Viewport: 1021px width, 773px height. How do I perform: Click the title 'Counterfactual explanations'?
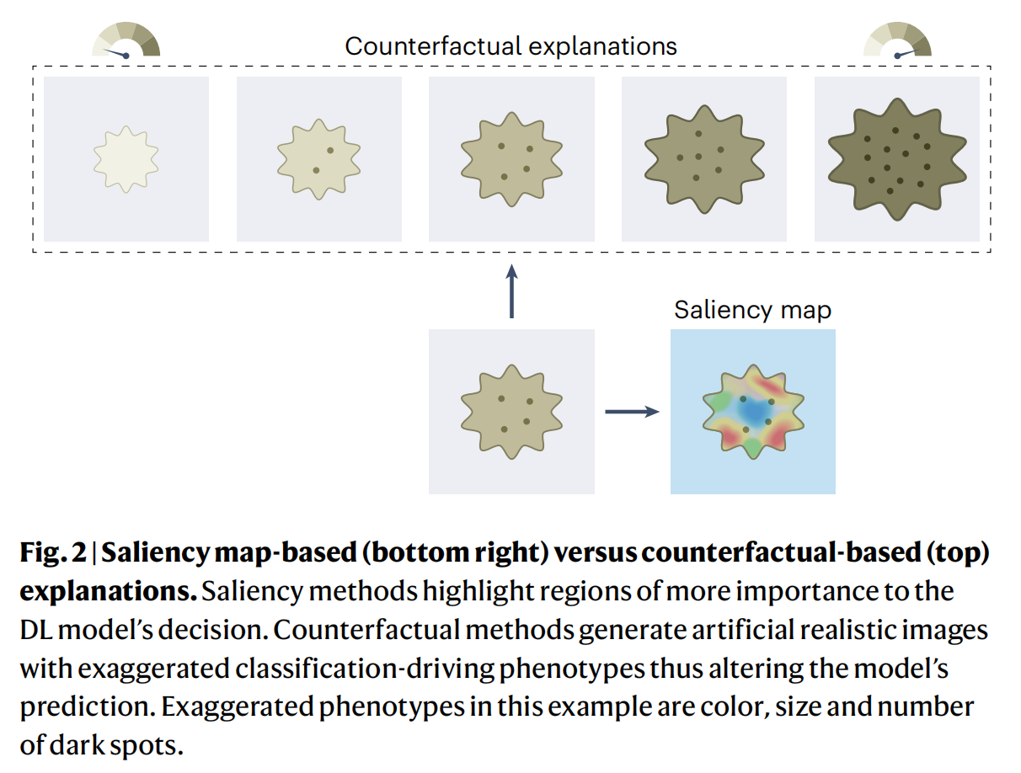pyautogui.click(x=510, y=45)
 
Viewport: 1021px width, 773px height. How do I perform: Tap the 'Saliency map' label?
pyautogui.click(x=752, y=310)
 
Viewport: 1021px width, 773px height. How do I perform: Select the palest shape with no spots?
pyautogui.click(x=126, y=158)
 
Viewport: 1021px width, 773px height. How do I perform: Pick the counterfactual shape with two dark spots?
pyautogui.click(x=318, y=158)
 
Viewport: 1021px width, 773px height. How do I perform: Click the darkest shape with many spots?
pyautogui.click(x=896, y=158)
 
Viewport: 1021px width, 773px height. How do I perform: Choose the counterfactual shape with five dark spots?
pyautogui.click(x=703, y=158)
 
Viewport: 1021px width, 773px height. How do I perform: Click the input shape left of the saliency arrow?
pyautogui.click(x=511, y=412)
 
